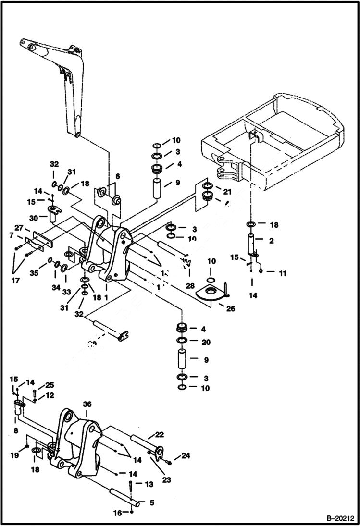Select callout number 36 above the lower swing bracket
click(x=87, y=404)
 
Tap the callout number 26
click(x=230, y=308)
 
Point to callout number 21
click(x=226, y=192)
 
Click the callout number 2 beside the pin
click(x=271, y=241)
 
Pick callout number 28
click(x=190, y=285)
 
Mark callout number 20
click(x=206, y=342)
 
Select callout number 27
click(x=18, y=228)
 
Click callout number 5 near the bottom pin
click(x=152, y=503)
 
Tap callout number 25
click(x=50, y=385)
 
